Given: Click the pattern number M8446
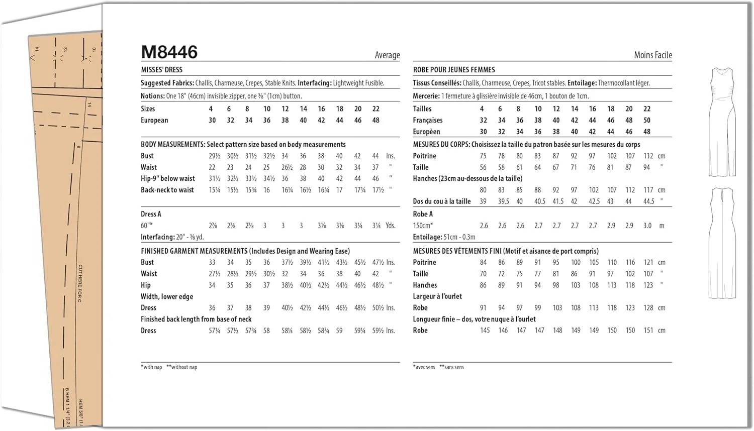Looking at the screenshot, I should click(169, 52).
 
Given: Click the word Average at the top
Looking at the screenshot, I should click(387, 55).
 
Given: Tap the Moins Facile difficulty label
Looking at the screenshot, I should click(652, 55).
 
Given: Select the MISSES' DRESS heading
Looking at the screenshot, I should click(161, 70).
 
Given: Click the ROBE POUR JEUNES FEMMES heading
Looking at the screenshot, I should click(454, 70).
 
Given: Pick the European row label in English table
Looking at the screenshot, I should click(154, 121).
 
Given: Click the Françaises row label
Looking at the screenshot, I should click(428, 121).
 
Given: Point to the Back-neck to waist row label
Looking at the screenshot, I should click(167, 190).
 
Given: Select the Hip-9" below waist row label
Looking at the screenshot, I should click(168, 178).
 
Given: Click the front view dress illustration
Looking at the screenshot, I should click(722, 122).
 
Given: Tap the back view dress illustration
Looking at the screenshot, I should click(722, 243).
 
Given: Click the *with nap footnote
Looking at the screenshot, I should click(151, 367).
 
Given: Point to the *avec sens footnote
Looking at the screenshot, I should click(424, 367).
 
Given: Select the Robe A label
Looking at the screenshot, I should click(423, 214).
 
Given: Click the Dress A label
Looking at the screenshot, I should click(151, 214).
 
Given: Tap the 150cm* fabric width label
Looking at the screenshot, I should click(423, 226).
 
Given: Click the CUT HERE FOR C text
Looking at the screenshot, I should click(80, 283).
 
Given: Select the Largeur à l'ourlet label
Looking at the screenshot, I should click(437, 296).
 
